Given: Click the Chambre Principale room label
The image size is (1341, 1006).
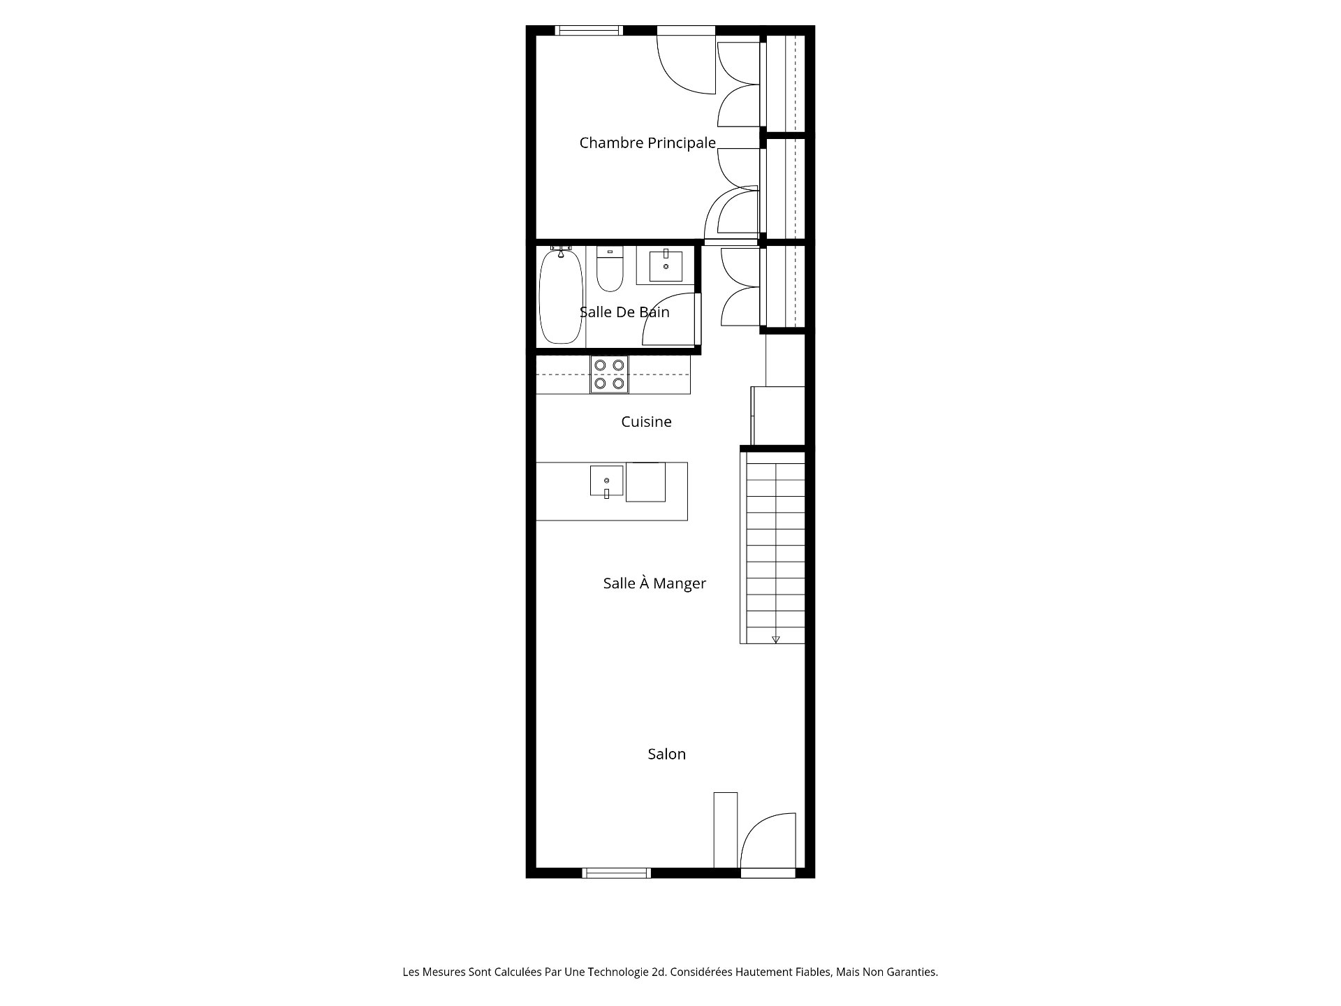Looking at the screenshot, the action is [647, 143].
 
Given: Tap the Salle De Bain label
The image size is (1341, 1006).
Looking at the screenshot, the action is [624, 312].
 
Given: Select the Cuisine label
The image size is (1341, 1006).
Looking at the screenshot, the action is [646, 421].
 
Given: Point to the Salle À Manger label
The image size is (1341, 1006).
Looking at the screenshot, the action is [654, 583].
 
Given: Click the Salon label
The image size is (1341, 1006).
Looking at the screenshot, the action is [666, 754].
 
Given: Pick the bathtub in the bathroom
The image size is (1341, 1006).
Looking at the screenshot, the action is [560, 296].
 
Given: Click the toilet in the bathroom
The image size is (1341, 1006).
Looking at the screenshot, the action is [610, 270].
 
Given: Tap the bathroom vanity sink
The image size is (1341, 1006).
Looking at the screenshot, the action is [666, 265].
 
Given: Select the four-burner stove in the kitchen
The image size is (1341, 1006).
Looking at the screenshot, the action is [609, 374].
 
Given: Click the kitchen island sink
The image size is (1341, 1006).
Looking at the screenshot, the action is [606, 481].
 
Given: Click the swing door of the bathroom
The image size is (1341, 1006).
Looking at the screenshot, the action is [669, 319].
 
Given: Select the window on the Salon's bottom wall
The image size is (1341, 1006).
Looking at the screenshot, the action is [616, 873].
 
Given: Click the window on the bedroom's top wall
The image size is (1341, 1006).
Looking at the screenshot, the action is [588, 30].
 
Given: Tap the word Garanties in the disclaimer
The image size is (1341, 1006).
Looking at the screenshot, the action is [912, 972].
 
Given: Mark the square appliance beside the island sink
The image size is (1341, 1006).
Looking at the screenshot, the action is [645, 482].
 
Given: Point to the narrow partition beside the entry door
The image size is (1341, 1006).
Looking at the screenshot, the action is [725, 830].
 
